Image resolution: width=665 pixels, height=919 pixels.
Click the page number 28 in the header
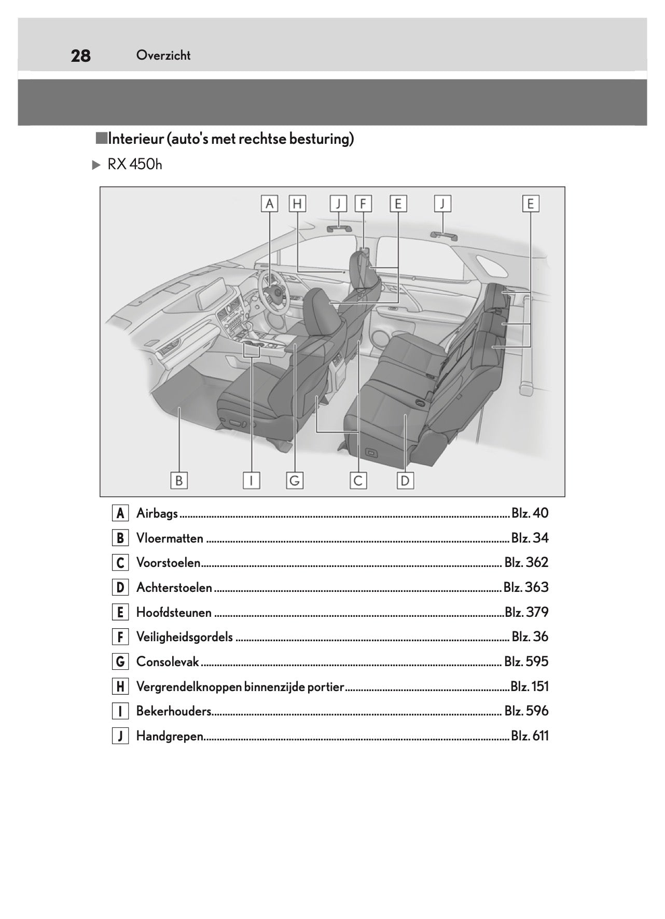pos(80,56)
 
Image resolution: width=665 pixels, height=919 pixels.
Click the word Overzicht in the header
pos(163,55)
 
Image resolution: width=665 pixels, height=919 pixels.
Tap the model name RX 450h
pos(134,165)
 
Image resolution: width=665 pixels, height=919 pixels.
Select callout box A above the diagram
pos(269,204)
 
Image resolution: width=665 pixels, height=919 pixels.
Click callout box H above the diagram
pos(297,204)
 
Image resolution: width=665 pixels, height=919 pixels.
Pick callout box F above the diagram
pos(363,204)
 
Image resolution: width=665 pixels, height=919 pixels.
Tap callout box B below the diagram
pos(179,481)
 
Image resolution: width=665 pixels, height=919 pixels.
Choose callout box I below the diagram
pos(252,481)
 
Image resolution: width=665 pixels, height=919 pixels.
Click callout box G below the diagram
pos(295,481)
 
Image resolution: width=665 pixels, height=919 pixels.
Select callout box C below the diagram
pos(358,481)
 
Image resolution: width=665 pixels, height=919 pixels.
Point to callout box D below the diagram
pos(405,481)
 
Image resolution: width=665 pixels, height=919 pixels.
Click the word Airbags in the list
pos(157,513)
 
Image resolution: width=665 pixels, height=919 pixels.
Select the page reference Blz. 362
pos(526,563)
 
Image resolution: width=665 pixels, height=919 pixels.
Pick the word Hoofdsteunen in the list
pos(174,613)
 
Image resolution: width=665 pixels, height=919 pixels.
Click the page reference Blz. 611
pos(530,736)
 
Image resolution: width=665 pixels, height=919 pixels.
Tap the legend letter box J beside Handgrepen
pos(120,736)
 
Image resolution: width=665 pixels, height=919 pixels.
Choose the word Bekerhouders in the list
pos(173,711)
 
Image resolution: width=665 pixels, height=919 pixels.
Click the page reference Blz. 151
pos(529,687)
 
